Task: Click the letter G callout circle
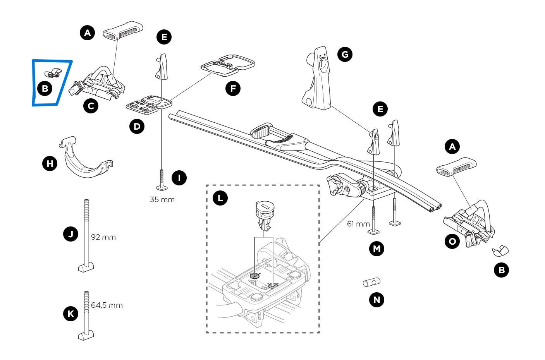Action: pyautogui.click(x=345, y=54)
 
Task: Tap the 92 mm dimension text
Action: pyautogui.click(x=103, y=237)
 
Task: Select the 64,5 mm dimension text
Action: pyautogui.click(x=107, y=305)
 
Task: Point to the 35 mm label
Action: pyautogui.click(x=162, y=200)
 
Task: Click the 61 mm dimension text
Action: pyautogui.click(x=358, y=224)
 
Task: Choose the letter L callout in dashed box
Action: pyautogui.click(x=220, y=199)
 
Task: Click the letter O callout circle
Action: pyautogui.click(x=452, y=242)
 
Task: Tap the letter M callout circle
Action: pyautogui.click(x=377, y=249)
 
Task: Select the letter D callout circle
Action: pyautogui.click(x=137, y=126)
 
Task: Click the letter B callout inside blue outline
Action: pyautogui.click(x=45, y=89)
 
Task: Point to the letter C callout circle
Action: pyautogui.click(x=91, y=106)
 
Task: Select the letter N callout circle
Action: pyautogui.click(x=377, y=300)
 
